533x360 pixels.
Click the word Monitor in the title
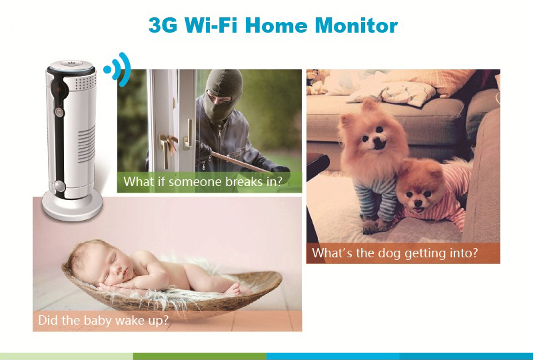pyautogui.click(x=356, y=25)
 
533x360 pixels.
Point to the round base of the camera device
pyautogui.click(x=72, y=205)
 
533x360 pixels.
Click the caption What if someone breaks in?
pyautogui.click(x=203, y=182)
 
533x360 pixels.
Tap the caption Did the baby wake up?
pyautogui.click(x=103, y=320)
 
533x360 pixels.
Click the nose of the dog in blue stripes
pyautogui.click(x=378, y=143)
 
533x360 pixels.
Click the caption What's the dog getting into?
pyautogui.click(x=395, y=253)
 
